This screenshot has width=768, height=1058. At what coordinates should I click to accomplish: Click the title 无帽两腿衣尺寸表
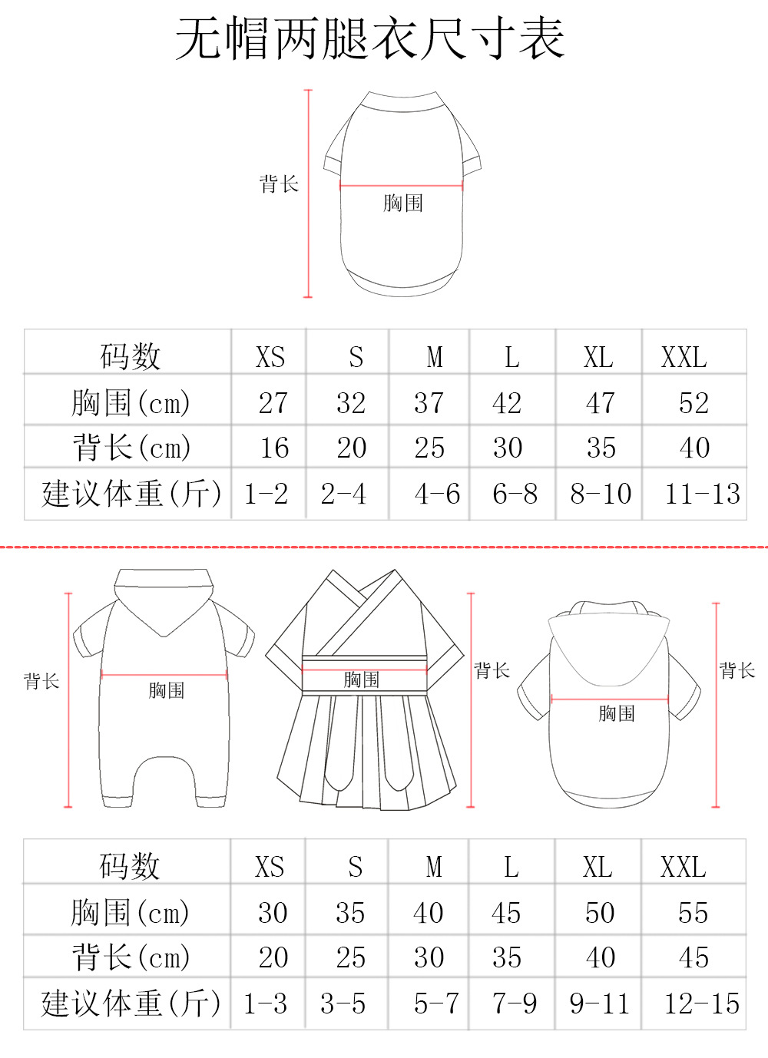370,38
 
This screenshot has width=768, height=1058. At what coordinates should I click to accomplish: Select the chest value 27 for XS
273,403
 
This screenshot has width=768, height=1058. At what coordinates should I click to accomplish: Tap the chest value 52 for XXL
694,403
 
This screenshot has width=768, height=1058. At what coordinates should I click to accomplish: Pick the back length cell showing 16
274,448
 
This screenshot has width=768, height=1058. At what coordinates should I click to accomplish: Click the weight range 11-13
702,494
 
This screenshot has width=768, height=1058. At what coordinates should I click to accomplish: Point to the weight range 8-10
601,494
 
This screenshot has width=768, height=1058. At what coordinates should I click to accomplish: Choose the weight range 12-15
701,1003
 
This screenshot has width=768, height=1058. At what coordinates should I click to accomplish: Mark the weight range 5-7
436,1003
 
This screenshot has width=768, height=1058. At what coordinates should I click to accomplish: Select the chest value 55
693,913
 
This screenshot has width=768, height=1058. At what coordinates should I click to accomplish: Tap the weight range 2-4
343,494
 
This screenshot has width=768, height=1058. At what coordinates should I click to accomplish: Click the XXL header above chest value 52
684,358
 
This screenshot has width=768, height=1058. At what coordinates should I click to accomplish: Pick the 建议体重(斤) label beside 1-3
131,1003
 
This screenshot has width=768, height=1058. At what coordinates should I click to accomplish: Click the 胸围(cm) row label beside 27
131,403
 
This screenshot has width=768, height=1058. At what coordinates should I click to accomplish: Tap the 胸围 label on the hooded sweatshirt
617,714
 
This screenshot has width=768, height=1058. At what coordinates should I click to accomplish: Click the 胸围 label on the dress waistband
361,679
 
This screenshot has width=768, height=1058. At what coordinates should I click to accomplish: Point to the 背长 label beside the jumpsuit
41,681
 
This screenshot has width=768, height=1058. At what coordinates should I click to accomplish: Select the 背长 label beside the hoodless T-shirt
279,184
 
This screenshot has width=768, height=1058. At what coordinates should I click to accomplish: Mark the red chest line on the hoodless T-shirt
401,185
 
